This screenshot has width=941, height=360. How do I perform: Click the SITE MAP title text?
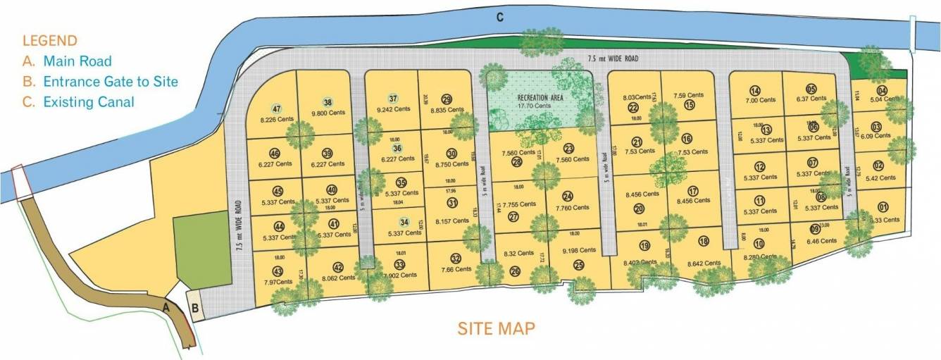point(496,328)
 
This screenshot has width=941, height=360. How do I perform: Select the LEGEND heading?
point(49,41)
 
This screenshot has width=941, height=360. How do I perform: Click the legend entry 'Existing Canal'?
point(88,102)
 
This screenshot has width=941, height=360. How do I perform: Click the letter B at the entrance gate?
point(196,308)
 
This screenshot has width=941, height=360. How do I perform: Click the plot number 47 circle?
point(276,108)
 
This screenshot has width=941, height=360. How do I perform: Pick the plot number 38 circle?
point(328,101)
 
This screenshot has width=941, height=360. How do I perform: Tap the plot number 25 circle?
point(579,265)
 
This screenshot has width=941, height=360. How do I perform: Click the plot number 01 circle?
point(883,207)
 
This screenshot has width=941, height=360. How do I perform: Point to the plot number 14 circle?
point(755,90)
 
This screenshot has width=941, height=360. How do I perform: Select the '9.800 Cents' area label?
point(328,112)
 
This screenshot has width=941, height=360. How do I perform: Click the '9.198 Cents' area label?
point(580,250)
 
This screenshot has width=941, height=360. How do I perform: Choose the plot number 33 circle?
point(399,265)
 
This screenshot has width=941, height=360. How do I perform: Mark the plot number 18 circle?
point(703,241)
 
